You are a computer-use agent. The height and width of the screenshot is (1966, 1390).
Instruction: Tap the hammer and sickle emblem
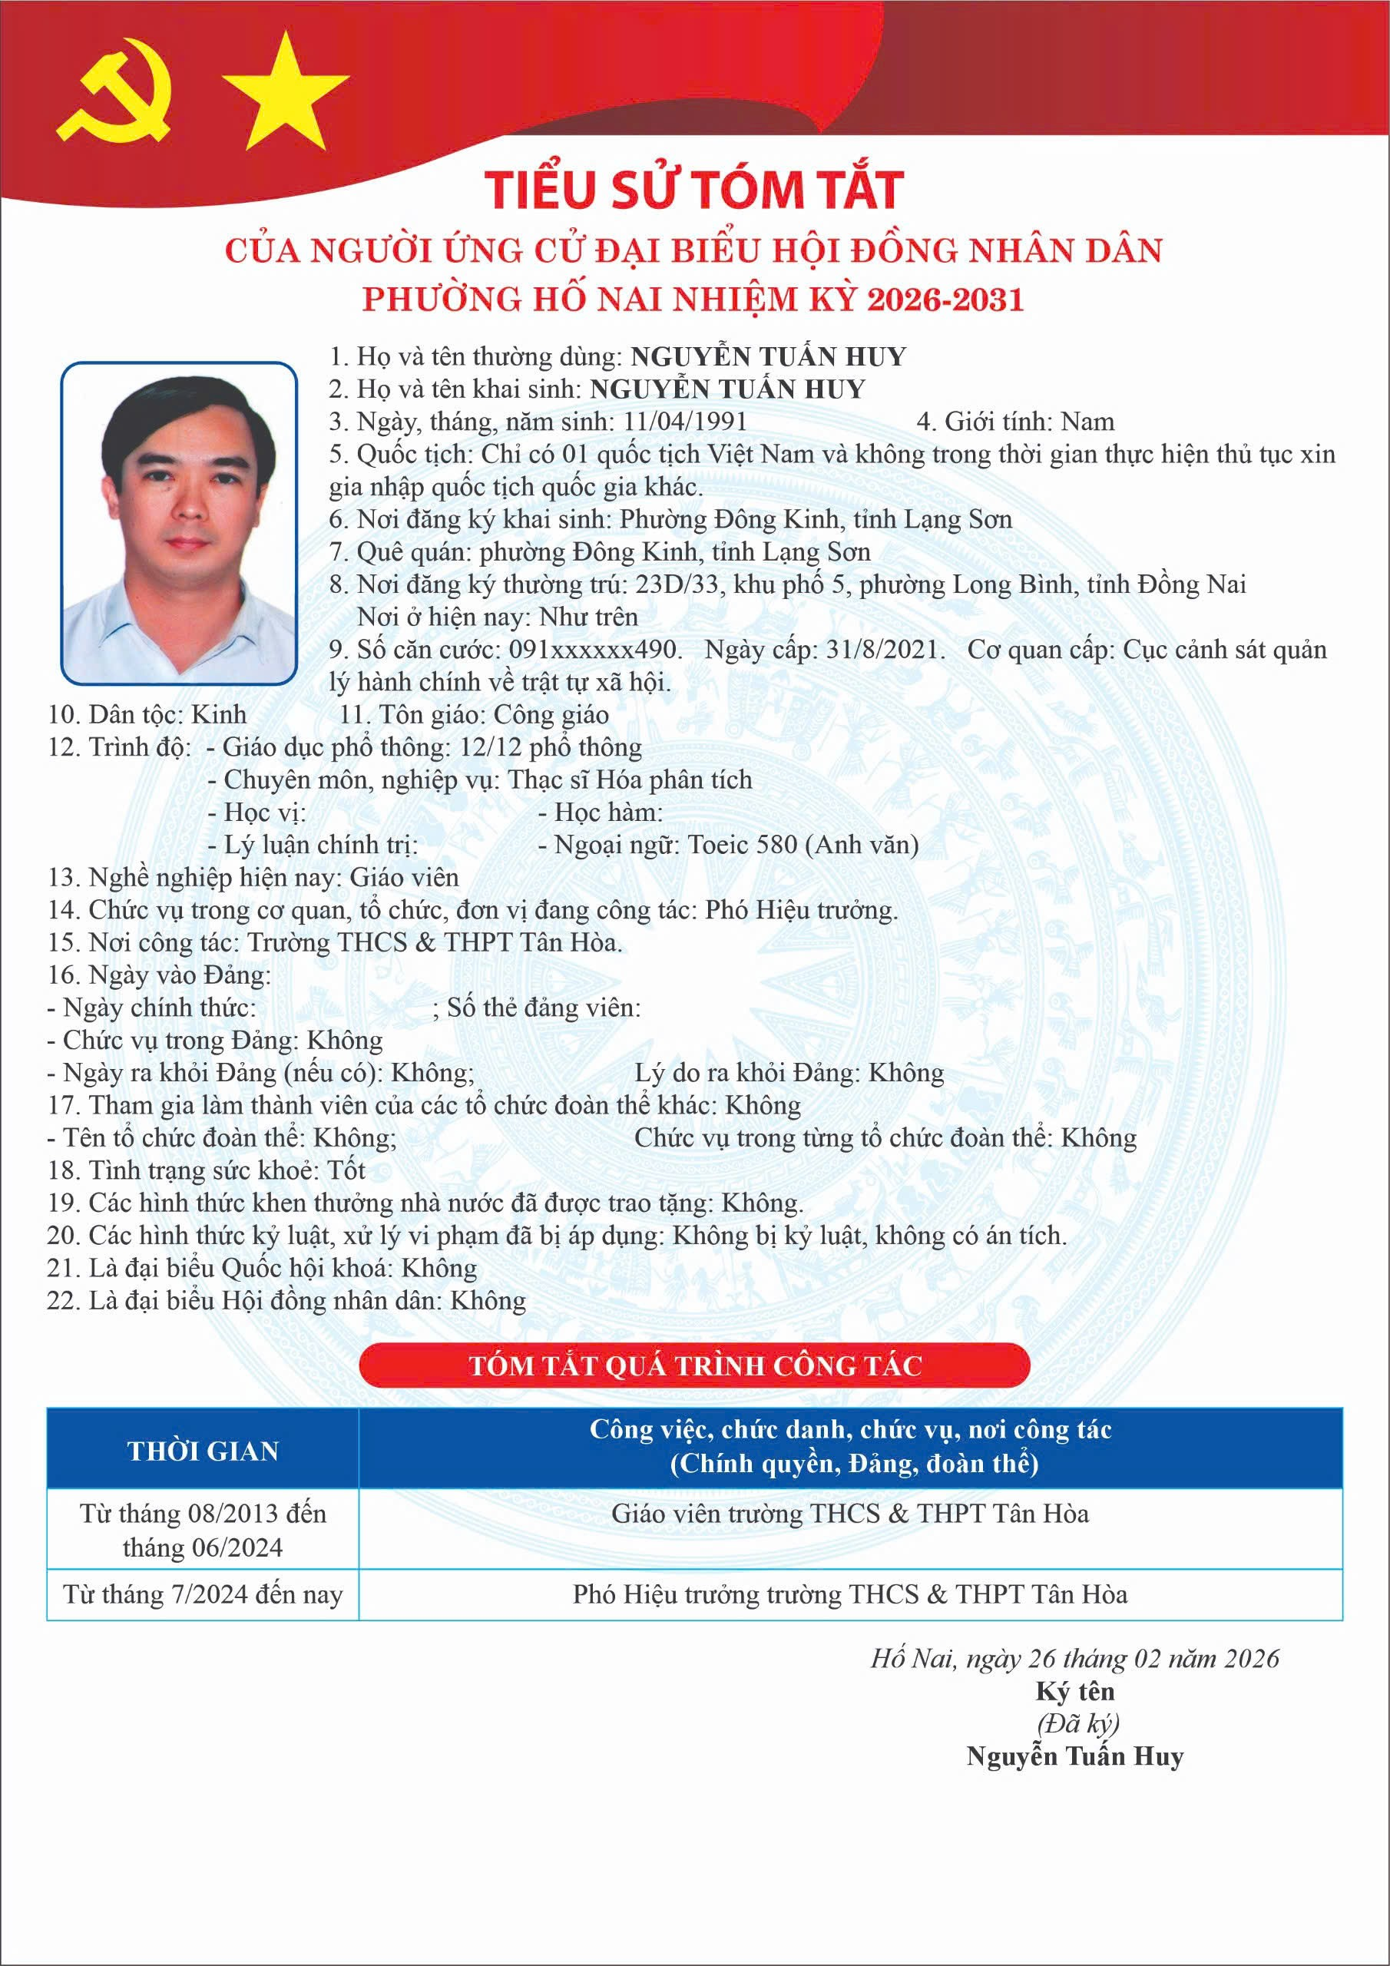(x=117, y=102)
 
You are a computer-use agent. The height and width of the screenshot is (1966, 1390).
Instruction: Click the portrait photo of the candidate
(x=179, y=523)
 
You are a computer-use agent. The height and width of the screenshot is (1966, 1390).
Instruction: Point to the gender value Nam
(x=1087, y=422)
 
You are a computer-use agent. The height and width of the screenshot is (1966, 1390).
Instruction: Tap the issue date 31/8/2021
(x=885, y=649)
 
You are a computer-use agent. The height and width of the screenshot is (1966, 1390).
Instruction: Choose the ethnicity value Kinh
(x=217, y=714)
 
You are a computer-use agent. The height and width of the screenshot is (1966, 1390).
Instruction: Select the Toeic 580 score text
(x=743, y=844)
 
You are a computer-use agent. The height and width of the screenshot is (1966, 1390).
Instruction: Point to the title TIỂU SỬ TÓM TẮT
(x=693, y=190)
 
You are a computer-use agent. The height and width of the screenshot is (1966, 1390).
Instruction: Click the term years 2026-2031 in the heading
(x=945, y=299)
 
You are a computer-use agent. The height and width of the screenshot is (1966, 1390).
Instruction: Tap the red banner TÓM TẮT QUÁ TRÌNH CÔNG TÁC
(x=694, y=1365)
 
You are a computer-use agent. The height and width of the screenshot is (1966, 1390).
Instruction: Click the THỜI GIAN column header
(x=203, y=1451)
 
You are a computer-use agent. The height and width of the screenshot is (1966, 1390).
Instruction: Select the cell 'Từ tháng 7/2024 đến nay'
(x=203, y=1594)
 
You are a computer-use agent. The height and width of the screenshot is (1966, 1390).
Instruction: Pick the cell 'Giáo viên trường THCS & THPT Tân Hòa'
(x=849, y=1514)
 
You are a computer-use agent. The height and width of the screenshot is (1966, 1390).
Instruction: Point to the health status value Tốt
(x=347, y=1170)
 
